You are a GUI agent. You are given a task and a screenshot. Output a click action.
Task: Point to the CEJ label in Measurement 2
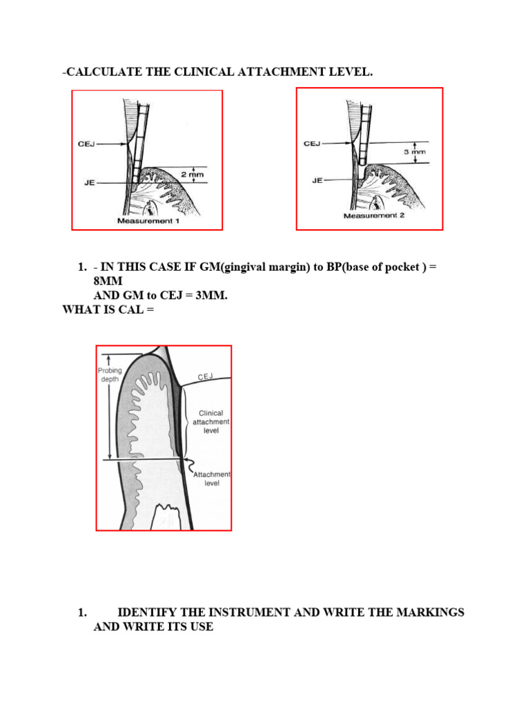[x=312, y=144]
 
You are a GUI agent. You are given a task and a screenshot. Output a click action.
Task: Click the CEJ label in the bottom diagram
[x=206, y=376]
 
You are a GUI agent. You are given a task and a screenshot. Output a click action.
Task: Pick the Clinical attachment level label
[x=210, y=421]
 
